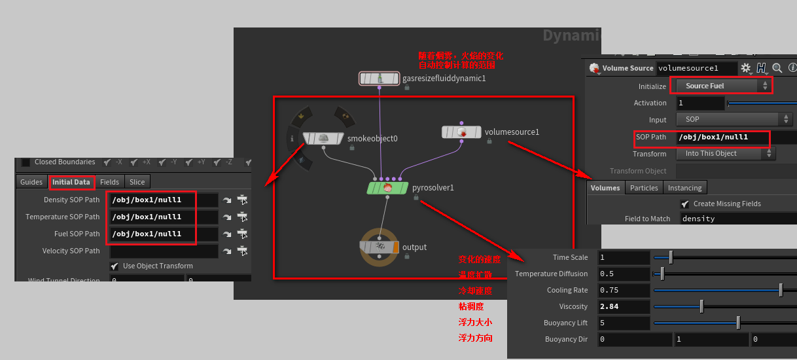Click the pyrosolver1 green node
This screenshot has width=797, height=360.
pos(388,188)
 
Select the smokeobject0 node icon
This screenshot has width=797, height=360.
pos(323,138)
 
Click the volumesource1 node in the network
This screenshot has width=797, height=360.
pos(461,132)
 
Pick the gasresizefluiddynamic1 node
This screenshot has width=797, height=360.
pos(379,79)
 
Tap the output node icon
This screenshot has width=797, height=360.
pos(379,247)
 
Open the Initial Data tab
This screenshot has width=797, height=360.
pos(71,182)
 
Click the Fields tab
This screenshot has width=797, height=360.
pos(109,182)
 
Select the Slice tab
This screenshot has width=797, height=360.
pos(137,182)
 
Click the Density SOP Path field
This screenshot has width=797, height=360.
pos(164,200)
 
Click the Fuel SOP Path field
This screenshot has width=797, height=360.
pos(164,234)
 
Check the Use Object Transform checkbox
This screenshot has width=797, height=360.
pos(115,266)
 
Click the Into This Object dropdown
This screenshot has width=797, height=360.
pos(728,154)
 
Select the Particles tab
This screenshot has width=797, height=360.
pos(644,188)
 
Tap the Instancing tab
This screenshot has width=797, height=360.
pos(684,188)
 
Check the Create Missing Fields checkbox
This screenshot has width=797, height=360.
pos(684,204)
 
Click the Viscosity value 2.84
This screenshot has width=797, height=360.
pos(624,306)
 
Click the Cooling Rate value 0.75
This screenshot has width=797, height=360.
pos(624,290)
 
